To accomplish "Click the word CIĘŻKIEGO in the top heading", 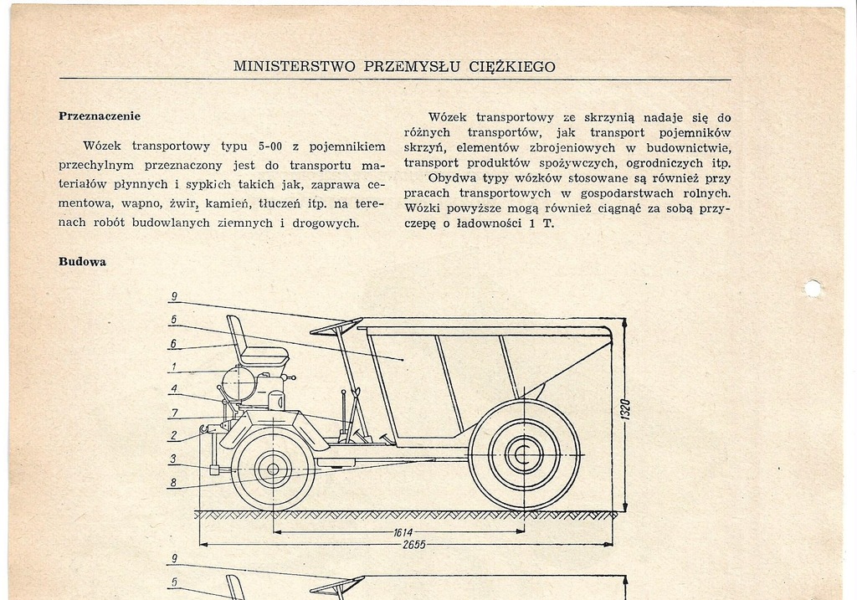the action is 512,67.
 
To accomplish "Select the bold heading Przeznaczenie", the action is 100,116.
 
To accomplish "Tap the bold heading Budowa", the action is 83,262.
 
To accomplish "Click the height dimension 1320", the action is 625,409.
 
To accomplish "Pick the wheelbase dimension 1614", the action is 403,531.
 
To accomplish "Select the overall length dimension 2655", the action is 413,544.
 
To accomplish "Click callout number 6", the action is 173,344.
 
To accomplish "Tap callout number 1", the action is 174,367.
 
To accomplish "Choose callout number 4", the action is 174,390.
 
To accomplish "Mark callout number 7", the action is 174,413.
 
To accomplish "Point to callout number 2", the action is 173,435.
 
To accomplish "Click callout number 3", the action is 172,459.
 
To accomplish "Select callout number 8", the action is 173,483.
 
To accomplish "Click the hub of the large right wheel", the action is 524,454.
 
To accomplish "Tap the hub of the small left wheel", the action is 273,469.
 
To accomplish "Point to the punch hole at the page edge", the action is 812,289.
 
